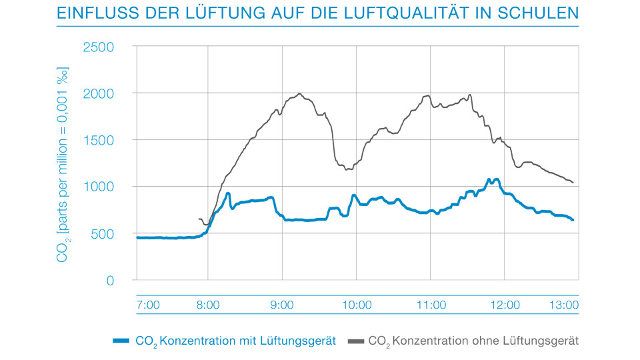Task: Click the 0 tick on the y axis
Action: click(x=110, y=280)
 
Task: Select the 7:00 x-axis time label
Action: click(x=147, y=305)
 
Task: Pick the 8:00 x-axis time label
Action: click(x=208, y=305)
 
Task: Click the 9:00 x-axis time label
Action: click(x=282, y=305)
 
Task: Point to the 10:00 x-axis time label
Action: click(x=357, y=305)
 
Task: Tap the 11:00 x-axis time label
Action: click(x=431, y=305)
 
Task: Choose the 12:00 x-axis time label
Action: click(x=505, y=305)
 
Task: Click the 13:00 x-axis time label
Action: click(x=563, y=305)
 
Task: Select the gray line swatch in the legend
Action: click(x=356, y=341)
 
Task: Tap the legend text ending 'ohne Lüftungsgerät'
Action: click(x=473, y=341)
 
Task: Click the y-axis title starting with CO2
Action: click(x=63, y=163)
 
